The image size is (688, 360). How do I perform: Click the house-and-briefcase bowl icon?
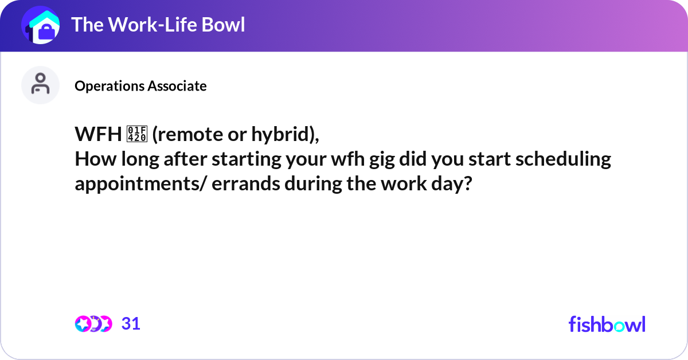(41, 26)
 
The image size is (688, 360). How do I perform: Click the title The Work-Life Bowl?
(158, 25)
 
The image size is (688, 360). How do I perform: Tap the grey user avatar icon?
(41, 85)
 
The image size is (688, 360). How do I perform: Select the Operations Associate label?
(140, 86)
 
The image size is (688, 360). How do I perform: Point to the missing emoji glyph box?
(139, 134)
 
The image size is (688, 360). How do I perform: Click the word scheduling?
(563, 159)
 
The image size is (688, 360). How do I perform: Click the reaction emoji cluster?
(93, 324)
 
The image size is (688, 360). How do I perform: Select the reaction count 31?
(131, 324)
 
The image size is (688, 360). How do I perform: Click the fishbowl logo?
(607, 324)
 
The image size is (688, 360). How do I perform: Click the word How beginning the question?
(92, 159)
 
